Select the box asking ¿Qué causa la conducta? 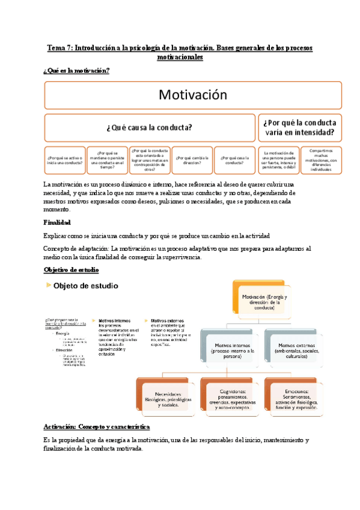click(149, 127)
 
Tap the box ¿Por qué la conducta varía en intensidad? click(299, 127)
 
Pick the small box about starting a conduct click(64, 159)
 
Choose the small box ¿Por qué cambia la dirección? click(192, 159)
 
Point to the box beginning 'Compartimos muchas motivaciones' click(320, 159)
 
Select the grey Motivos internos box click(230, 348)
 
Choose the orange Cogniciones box click(230, 397)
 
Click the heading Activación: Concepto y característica click(105, 426)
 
